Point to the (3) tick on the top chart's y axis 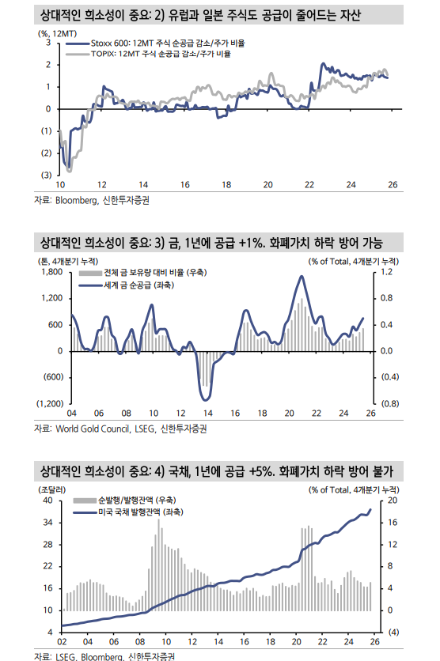(45, 174)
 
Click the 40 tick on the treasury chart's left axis (47, 500)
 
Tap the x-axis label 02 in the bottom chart (63, 642)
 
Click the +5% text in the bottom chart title (261, 472)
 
